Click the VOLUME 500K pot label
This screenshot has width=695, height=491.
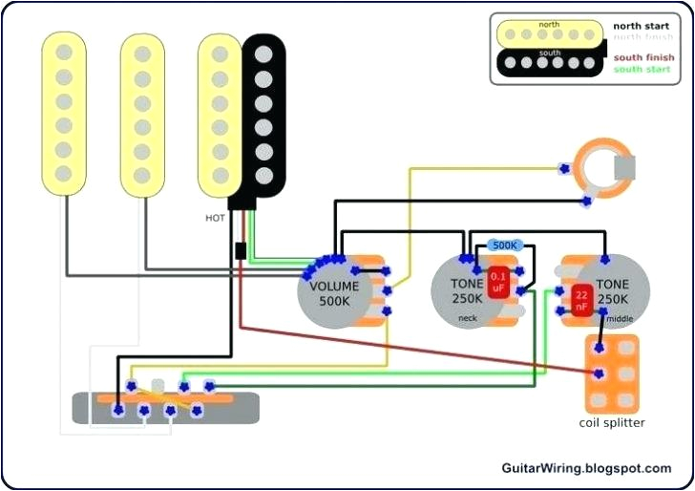tap(334, 294)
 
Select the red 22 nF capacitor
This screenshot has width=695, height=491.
tap(580, 301)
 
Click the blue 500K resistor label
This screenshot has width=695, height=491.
tap(503, 245)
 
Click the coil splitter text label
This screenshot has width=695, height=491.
tap(612, 423)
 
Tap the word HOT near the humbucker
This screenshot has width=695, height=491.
tap(215, 218)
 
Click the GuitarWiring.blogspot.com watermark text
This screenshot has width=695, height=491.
tap(586, 468)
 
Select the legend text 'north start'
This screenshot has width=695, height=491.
tap(640, 26)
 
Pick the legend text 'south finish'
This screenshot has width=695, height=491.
tap(641, 57)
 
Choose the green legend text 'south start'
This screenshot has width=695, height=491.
tap(641, 69)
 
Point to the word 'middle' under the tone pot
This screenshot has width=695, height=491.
tap(620, 318)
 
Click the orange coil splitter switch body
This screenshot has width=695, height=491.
tap(611, 374)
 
